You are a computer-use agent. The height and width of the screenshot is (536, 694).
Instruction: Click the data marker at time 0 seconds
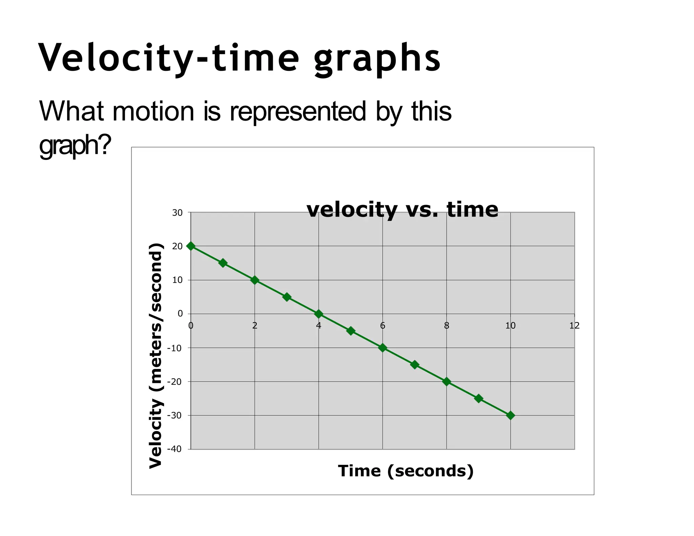(x=191, y=246)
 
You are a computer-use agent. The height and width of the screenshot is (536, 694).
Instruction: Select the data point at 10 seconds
(x=510, y=415)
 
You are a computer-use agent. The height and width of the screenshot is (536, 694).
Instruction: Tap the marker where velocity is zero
(x=319, y=314)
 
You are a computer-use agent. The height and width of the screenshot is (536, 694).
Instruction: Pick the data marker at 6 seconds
(x=383, y=348)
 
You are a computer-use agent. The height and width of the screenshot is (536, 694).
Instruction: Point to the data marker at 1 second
(x=223, y=263)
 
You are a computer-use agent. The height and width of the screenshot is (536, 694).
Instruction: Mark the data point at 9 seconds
(x=478, y=398)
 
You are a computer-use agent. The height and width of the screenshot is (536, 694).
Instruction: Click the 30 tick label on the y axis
(x=177, y=213)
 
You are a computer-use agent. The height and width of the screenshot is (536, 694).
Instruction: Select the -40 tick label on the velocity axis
(x=175, y=449)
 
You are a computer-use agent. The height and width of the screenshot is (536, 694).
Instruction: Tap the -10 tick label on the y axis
(x=175, y=348)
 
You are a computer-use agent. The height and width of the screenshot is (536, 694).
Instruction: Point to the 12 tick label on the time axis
(x=574, y=326)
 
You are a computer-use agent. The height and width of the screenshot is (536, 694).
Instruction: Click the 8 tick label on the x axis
(x=447, y=326)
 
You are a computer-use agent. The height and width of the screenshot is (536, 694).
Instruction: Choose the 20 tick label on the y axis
(x=177, y=246)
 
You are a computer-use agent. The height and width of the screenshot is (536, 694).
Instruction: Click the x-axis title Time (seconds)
(x=406, y=471)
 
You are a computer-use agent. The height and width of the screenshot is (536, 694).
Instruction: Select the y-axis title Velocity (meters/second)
(x=156, y=356)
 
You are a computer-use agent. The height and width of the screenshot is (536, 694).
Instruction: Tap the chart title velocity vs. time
(x=402, y=209)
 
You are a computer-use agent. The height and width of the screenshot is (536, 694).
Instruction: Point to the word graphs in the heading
(x=377, y=59)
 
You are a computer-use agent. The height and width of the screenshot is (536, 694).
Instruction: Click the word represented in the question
(x=298, y=112)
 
